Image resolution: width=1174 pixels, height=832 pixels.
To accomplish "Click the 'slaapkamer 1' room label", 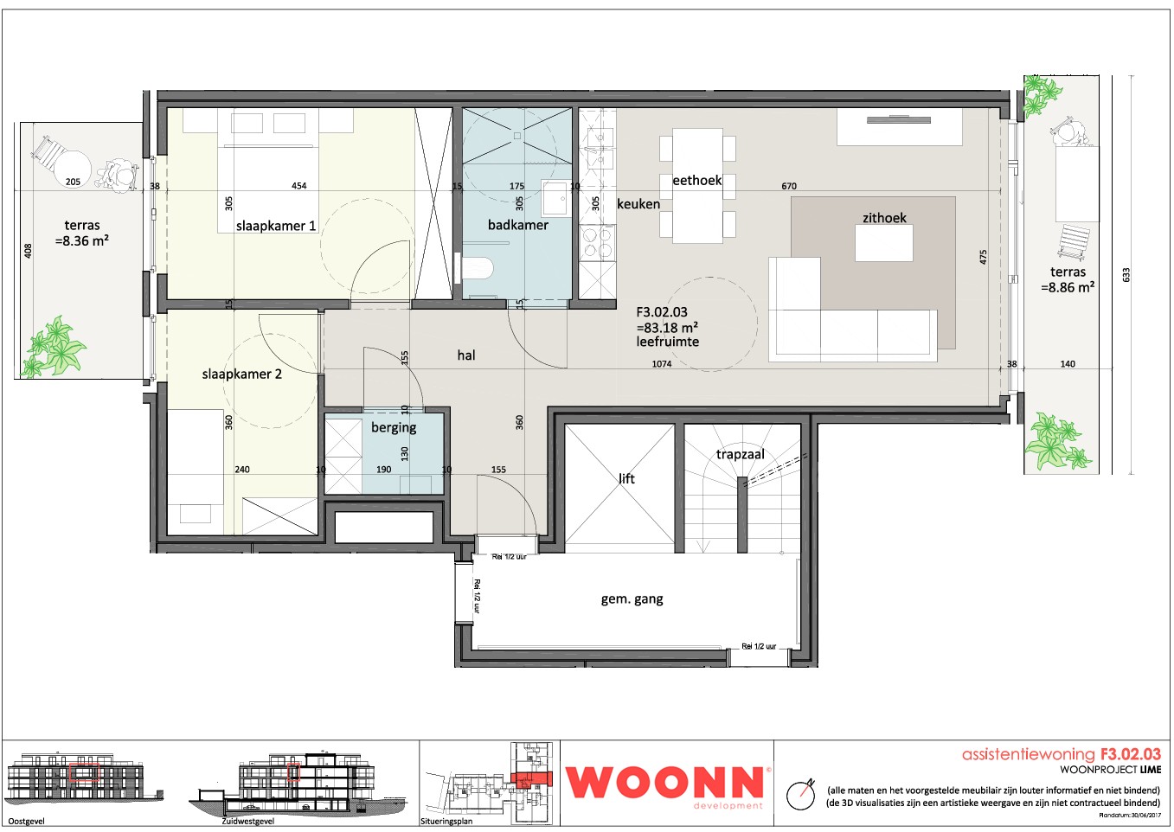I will pyautogui.click(x=275, y=226).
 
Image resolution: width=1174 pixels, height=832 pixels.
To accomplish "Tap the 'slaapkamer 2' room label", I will pyautogui.click(x=241, y=374).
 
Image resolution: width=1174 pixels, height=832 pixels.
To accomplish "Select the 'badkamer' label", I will pyautogui.click(x=517, y=225).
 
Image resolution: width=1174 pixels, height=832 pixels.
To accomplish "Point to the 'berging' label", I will pyautogui.click(x=394, y=427).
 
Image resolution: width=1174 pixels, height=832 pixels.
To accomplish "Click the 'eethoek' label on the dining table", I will pyautogui.click(x=696, y=181).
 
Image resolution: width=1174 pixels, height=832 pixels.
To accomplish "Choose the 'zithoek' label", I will pyautogui.click(x=884, y=218).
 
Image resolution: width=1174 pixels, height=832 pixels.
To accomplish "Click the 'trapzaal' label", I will pyautogui.click(x=740, y=455).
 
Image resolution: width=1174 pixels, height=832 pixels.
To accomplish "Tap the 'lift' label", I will pyautogui.click(x=626, y=478).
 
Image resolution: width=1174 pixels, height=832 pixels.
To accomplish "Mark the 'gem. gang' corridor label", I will pyautogui.click(x=632, y=599).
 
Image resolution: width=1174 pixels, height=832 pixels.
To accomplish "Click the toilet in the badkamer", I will pyautogui.click(x=475, y=268).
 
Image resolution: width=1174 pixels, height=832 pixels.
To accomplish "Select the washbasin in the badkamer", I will pyautogui.click(x=554, y=198).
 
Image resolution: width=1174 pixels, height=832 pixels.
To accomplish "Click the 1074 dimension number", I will pyautogui.click(x=661, y=364).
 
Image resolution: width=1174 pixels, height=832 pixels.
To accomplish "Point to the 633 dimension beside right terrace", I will pyautogui.click(x=1126, y=275).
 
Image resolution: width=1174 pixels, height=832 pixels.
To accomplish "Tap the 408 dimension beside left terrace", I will pyautogui.click(x=28, y=251).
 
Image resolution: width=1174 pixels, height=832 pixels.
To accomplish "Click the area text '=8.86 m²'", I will pyautogui.click(x=1067, y=288).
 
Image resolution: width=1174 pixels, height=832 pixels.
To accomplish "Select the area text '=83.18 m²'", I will pyautogui.click(x=666, y=328).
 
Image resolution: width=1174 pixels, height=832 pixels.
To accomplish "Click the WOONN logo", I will pyautogui.click(x=665, y=783).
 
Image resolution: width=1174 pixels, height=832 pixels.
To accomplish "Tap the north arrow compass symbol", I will pyautogui.click(x=800, y=794).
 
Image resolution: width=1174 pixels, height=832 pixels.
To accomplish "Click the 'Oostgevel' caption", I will pyautogui.click(x=26, y=821).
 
